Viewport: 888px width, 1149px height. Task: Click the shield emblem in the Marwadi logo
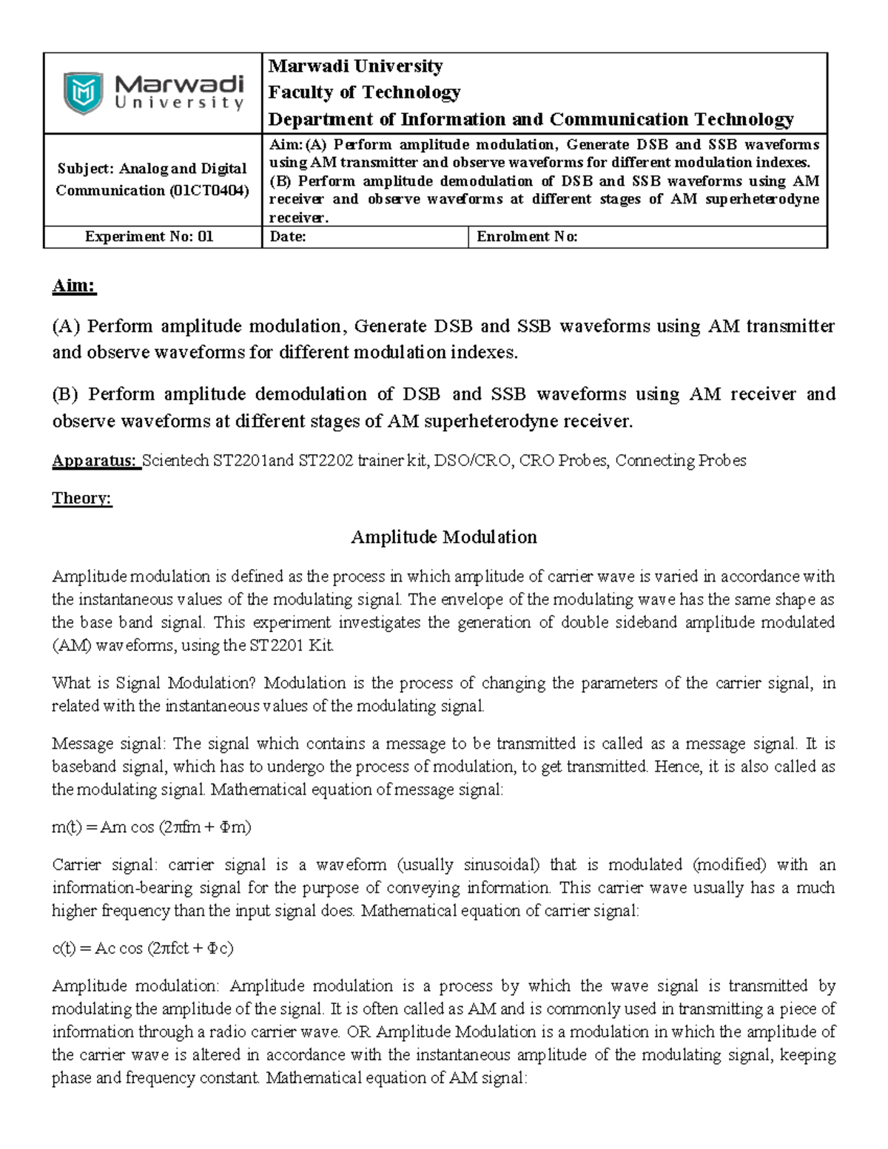pyautogui.click(x=83, y=93)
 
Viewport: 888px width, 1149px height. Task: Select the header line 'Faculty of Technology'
pyautogui.click(x=364, y=92)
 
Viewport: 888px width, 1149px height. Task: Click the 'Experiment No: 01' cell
pyautogui.click(x=149, y=237)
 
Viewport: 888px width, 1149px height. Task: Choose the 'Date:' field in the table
pyautogui.click(x=288, y=237)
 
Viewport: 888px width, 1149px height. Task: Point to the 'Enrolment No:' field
pyautogui.click(x=526, y=237)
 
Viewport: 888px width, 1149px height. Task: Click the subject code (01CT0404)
pyautogui.click(x=209, y=191)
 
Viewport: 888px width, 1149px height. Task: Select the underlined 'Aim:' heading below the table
pyautogui.click(x=74, y=286)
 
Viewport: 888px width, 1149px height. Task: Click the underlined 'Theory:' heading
pyautogui.click(x=81, y=499)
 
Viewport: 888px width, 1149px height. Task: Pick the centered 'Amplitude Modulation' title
pyautogui.click(x=443, y=537)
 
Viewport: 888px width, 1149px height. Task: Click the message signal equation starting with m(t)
pyautogui.click(x=151, y=827)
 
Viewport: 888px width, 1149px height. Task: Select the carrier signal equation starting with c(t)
pyautogui.click(x=142, y=948)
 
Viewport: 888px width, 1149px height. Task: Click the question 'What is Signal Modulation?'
pyautogui.click(x=155, y=683)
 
